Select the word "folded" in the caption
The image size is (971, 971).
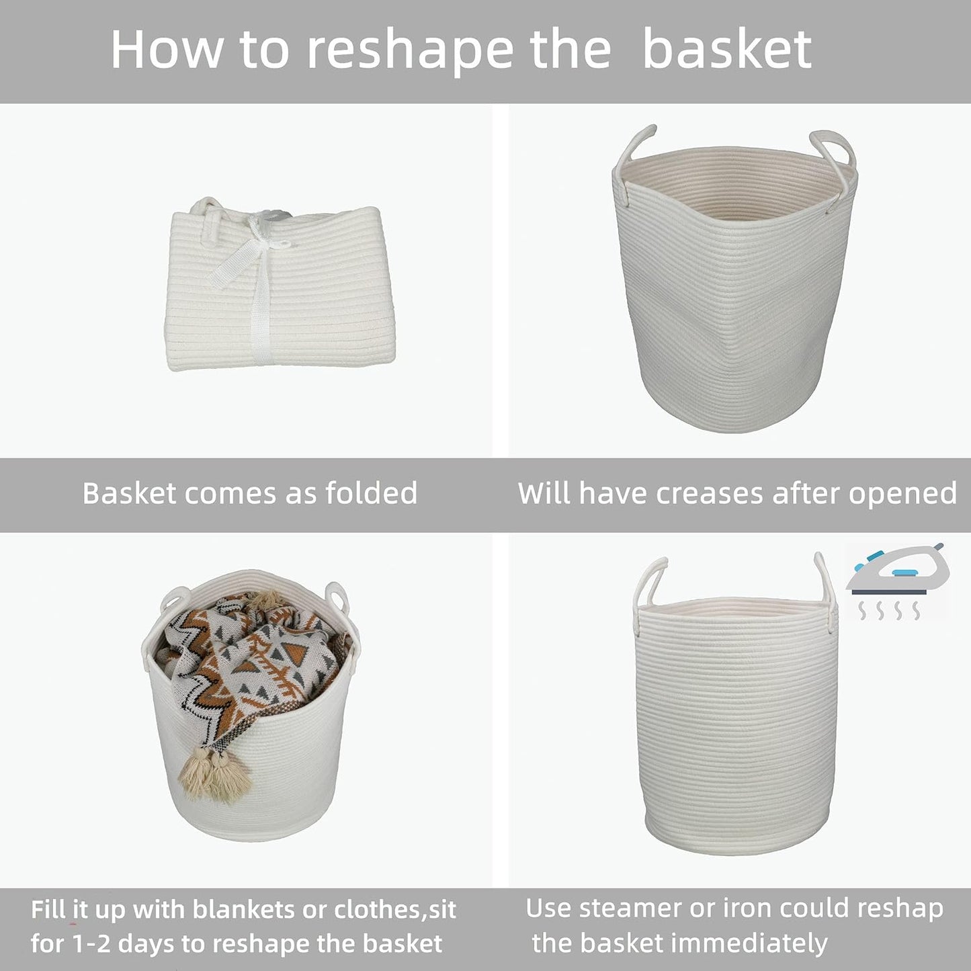(x=371, y=493)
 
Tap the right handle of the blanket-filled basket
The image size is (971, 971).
(x=334, y=595)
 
